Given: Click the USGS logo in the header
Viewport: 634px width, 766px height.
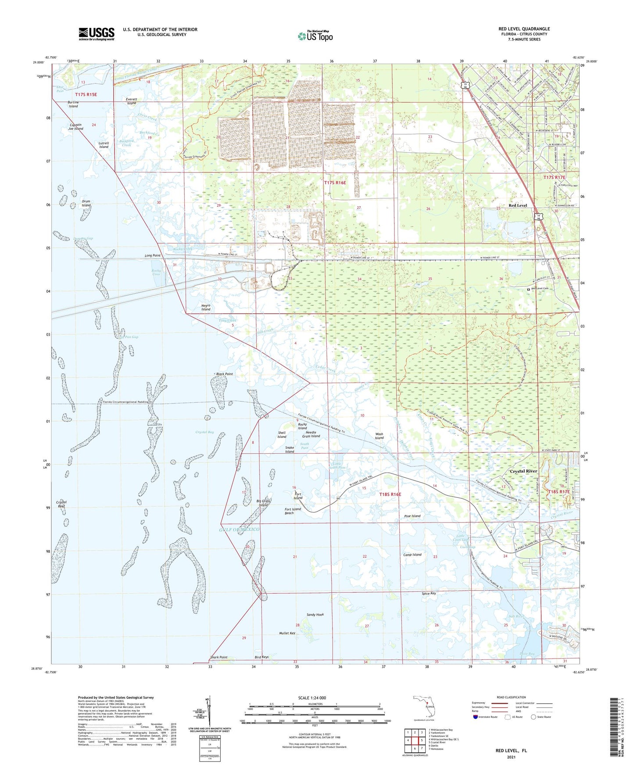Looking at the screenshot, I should pyautogui.click(x=97, y=34).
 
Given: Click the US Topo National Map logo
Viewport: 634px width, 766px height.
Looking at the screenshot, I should pyautogui.click(x=315, y=36).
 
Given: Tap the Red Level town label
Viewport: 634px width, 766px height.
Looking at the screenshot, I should pyautogui.click(x=518, y=205).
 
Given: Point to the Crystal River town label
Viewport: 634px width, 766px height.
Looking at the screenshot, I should pyautogui.click(x=524, y=471).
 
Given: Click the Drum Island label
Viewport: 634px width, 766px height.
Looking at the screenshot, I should pyautogui.click(x=86, y=203).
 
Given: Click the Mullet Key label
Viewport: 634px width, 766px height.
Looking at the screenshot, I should pyautogui.click(x=287, y=633).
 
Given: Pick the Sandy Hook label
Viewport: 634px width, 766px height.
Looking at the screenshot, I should pyautogui.click(x=315, y=615).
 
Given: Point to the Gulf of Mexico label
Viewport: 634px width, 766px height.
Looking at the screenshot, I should pyautogui.click(x=240, y=530).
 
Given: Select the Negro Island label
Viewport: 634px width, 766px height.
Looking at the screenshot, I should pyautogui.click(x=206, y=307).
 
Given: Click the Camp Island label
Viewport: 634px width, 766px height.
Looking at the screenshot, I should pyautogui.click(x=412, y=555).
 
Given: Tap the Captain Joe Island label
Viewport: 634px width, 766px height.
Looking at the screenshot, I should pyautogui.click(x=75, y=126).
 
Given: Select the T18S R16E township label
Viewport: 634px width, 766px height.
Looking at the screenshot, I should pyautogui.click(x=390, y=494).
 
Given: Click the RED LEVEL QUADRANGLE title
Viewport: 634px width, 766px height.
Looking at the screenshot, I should pyautogui.click(x=524, y=29).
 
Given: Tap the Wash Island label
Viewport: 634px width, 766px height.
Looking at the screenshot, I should pyautogui.click(x=379, y=436).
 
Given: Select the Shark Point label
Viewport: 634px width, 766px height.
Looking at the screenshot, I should pyautogui.click(x=219, y=657).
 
